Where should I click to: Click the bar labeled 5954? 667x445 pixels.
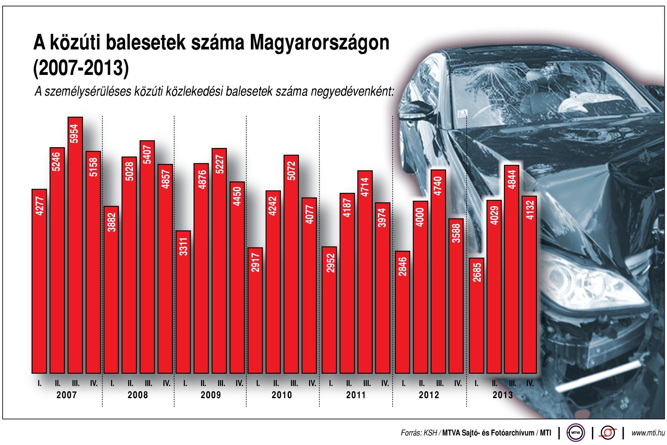(75, 245)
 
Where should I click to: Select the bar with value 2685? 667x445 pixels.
(477, 316)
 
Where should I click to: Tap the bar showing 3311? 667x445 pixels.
(184, 302)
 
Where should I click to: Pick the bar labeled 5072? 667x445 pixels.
(292, 264)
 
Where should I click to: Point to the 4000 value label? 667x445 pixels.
(420, 217)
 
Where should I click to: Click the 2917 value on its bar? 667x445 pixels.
(255, 262)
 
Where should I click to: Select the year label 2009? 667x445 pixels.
(211, 395)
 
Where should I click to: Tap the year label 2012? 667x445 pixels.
(429, 395)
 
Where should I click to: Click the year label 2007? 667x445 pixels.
(67, 395)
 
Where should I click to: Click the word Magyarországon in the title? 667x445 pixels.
(319, 43)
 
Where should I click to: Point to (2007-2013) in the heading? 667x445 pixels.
(81, 68)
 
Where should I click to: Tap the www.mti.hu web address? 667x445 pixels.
(648, 433)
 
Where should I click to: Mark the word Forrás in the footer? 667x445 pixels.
(411, 433)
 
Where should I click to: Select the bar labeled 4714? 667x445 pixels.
(365, 272)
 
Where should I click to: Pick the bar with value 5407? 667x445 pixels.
(147, 257)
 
